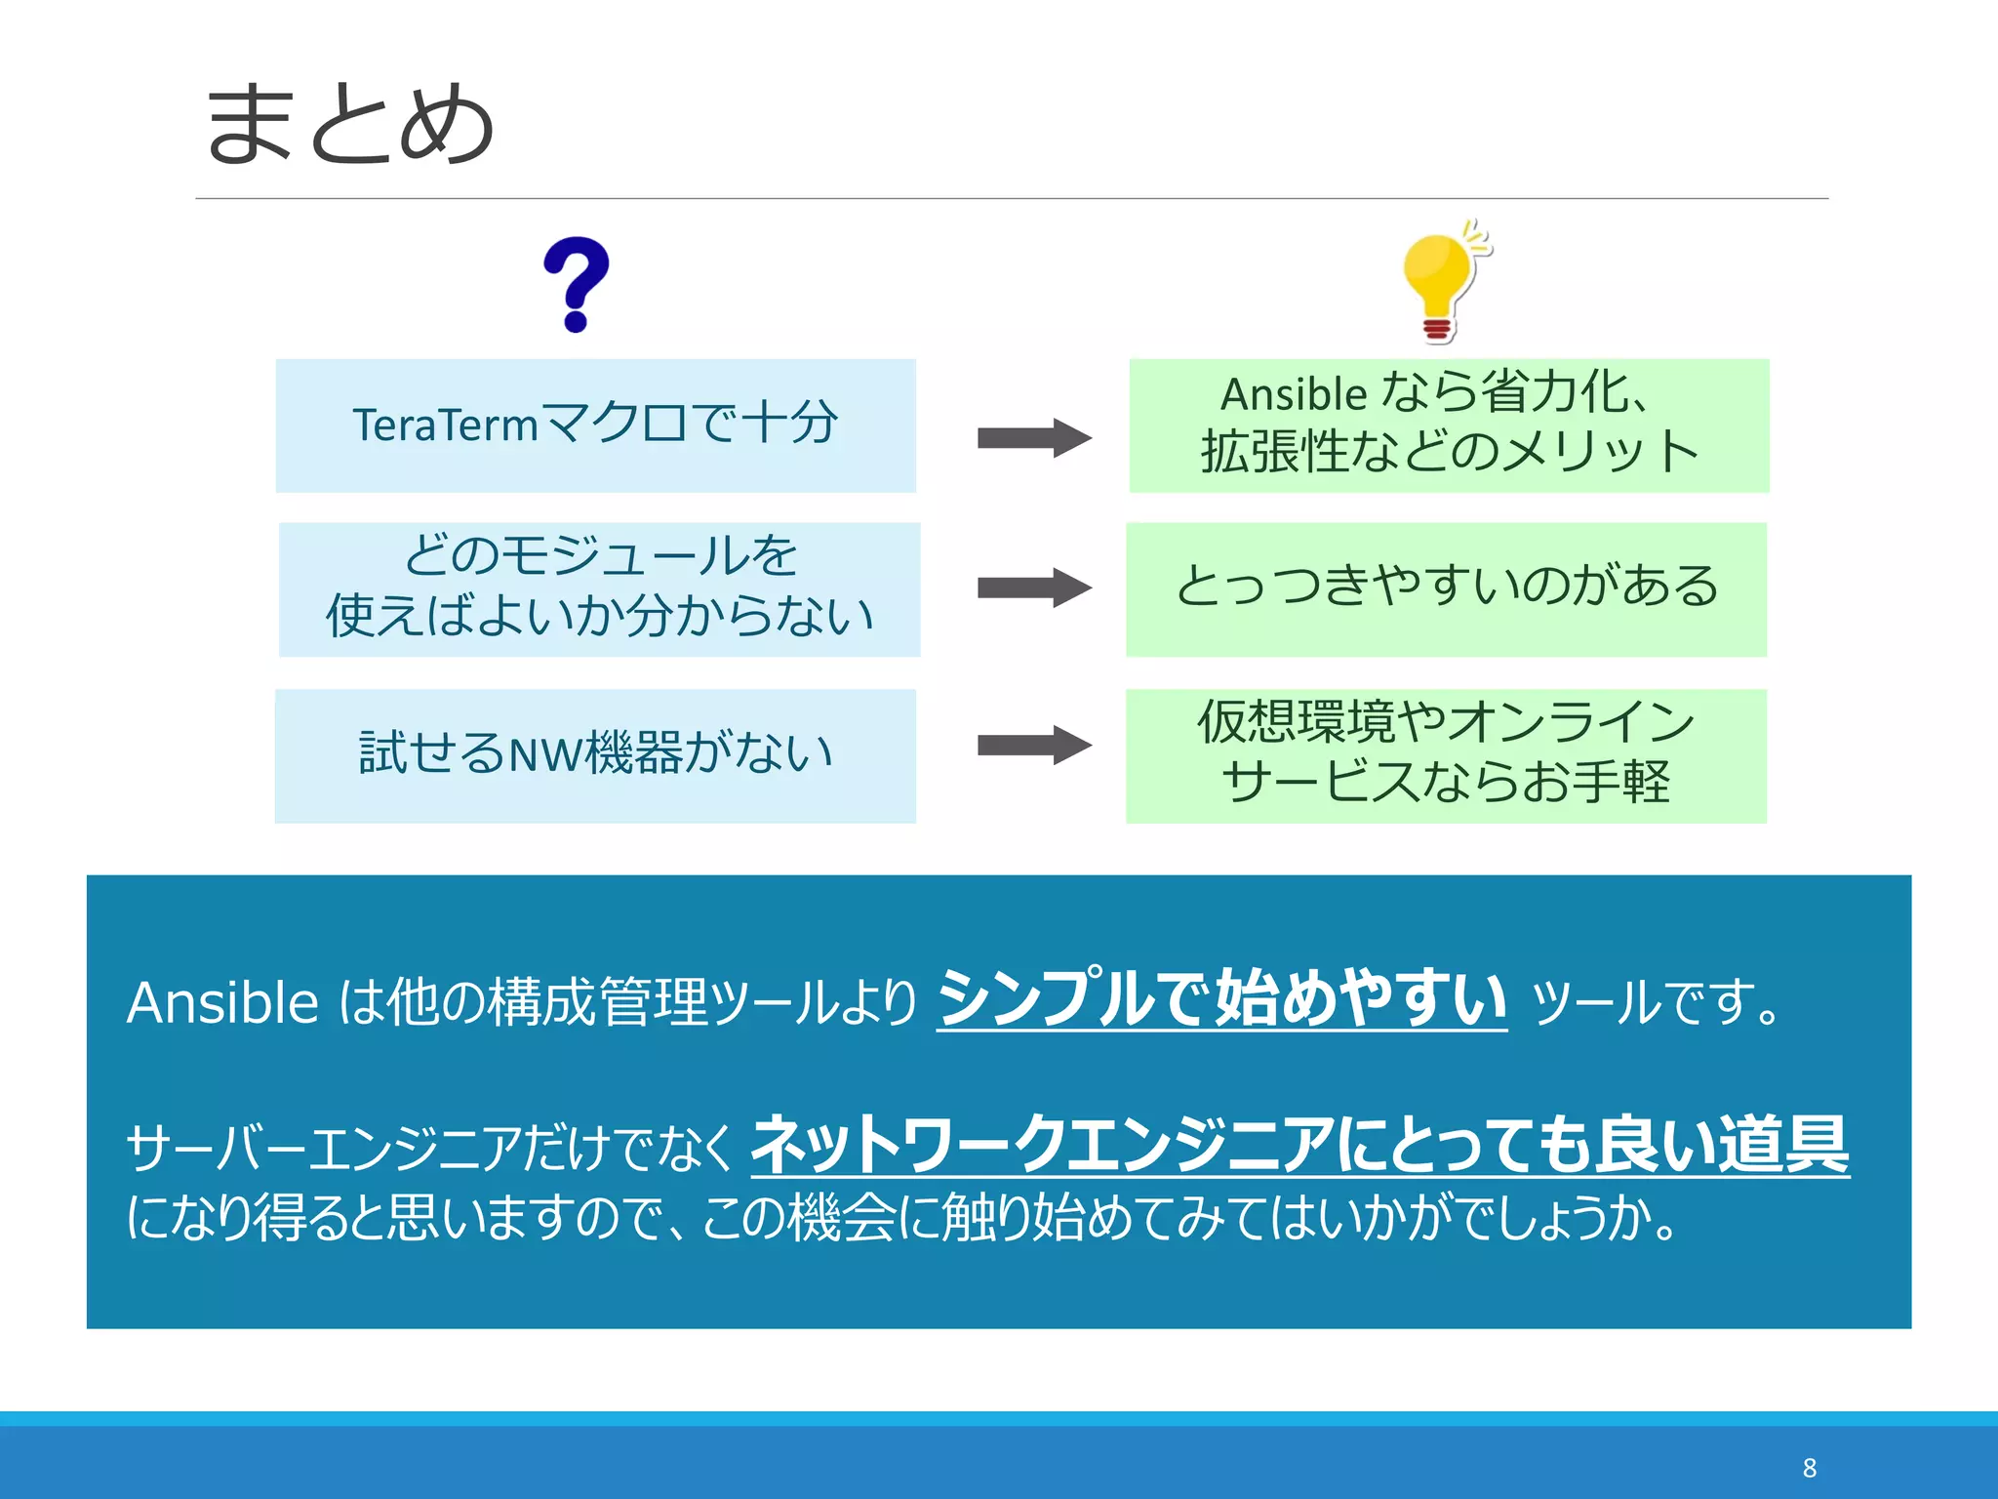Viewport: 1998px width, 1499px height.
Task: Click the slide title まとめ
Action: click(x=349, y=124)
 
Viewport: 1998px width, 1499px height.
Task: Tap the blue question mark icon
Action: click(x=577, y=284)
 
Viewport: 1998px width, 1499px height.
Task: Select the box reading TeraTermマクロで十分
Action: click(x=595, y=425)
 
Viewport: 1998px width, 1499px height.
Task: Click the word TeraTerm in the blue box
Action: click(x=445, y=425)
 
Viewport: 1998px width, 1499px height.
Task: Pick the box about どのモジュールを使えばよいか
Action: click(x=599, y=588)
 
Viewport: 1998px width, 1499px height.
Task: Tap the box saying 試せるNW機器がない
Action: click(x=595, y=755)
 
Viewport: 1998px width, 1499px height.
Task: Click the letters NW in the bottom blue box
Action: click(x=546, y=755)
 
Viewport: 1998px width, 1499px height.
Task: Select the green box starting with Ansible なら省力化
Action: click(x=1449, y=425)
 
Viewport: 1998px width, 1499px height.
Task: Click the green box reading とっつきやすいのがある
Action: click(x=1446, y=588)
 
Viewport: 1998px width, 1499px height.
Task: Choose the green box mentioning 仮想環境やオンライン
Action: click(x=1446, y=755)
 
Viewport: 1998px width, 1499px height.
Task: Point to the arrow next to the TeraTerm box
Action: click(x=1033, y=438)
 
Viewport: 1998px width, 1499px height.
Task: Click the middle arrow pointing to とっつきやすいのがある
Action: click(x=1033, y=587)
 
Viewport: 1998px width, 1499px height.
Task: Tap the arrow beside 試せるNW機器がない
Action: click(x=1033, y=746)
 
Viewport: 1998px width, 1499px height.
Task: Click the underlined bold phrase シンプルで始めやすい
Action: click(x=1221, y=998)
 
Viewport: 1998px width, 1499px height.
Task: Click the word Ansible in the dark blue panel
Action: click(x=222, y=1002)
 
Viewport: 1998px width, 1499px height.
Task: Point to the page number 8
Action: click(x=1810, y=1468)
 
